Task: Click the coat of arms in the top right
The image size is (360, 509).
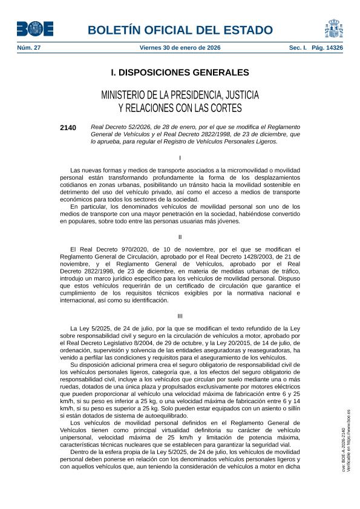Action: pos(334,28)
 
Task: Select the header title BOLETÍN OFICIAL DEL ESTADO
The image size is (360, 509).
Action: pos(180,30)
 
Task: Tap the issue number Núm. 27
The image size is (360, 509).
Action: pos(29,47)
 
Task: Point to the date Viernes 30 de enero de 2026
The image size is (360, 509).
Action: pos(180,47)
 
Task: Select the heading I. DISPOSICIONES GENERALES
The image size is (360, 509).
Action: pos(180,73)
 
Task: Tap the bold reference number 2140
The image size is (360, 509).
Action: pos(68,128)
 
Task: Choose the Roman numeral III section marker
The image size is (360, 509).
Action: pos(180,316)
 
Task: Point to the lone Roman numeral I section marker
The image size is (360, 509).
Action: pos(180,157)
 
